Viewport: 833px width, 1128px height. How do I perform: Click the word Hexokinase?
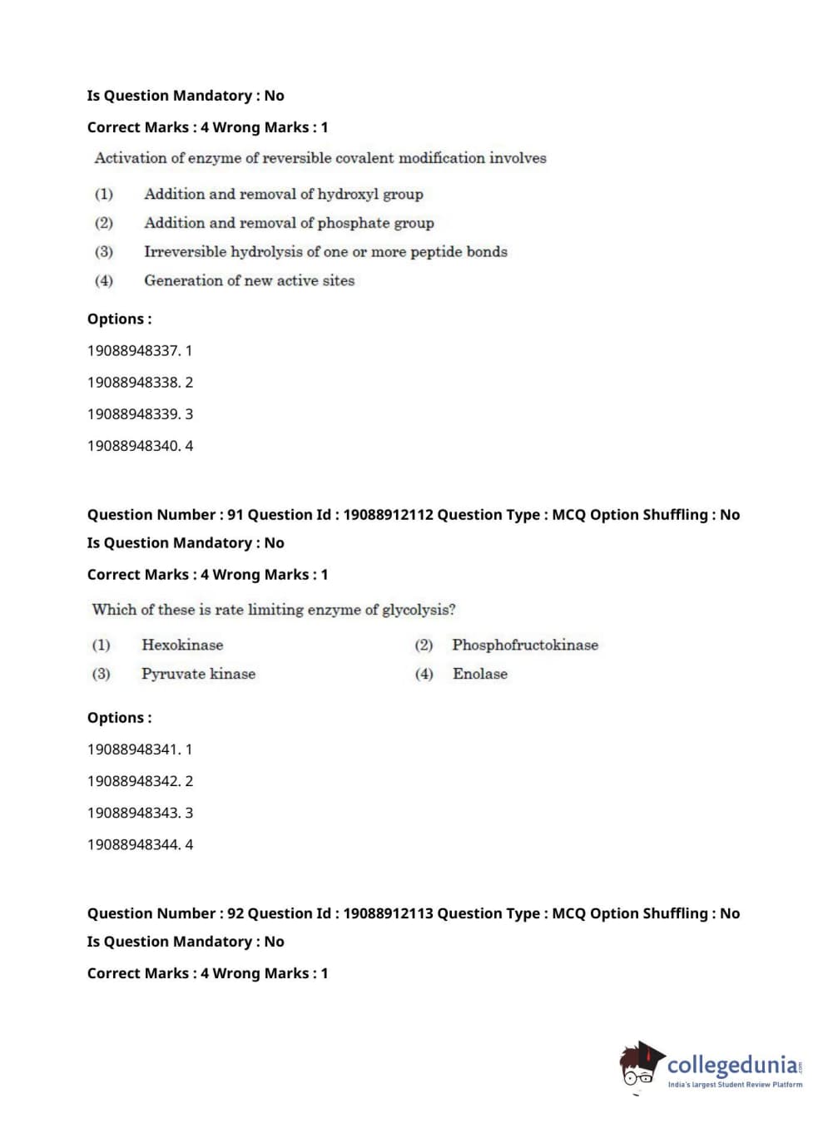coord(182,645)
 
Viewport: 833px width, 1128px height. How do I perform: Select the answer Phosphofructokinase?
coord(524,645)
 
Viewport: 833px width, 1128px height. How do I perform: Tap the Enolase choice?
coord(479,674)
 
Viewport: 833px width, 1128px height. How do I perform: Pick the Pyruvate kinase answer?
coord(198,674)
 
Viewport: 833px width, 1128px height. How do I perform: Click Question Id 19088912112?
coord(388,515)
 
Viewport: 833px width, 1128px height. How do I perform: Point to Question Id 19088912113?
coord(388,913)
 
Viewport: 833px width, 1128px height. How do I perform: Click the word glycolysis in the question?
coord(418,610)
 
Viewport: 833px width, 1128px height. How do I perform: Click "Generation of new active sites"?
coord(249,280)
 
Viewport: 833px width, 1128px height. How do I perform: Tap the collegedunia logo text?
coord(732,1065)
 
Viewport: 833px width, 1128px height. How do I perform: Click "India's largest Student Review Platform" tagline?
coord(735,1085)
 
